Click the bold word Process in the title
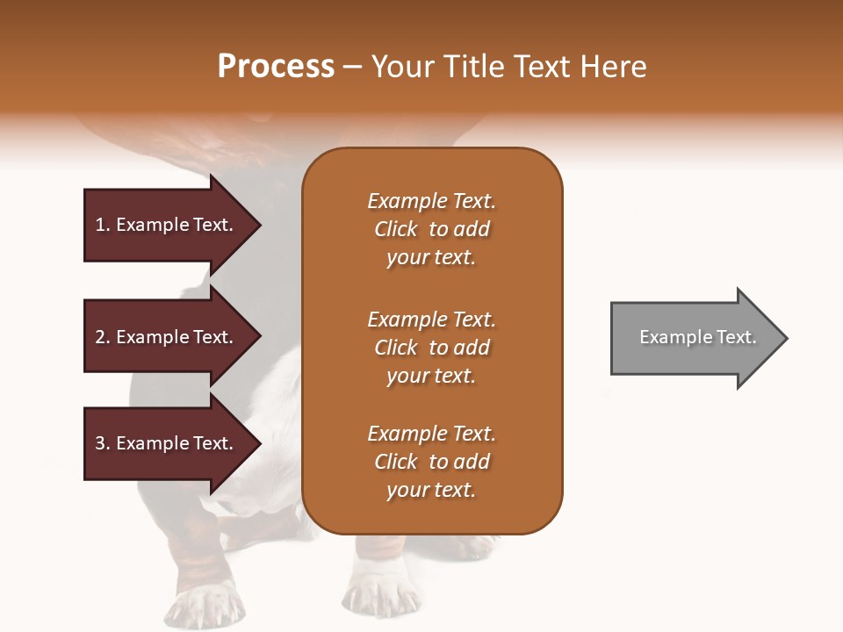point(276,67)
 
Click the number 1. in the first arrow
point(103,225)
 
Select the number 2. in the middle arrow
point(103,337)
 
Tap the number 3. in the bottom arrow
point(103,443)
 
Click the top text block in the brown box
point(431,229)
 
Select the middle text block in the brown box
point(431,348)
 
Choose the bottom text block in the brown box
point(431,462)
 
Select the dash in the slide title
point(353,67)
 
